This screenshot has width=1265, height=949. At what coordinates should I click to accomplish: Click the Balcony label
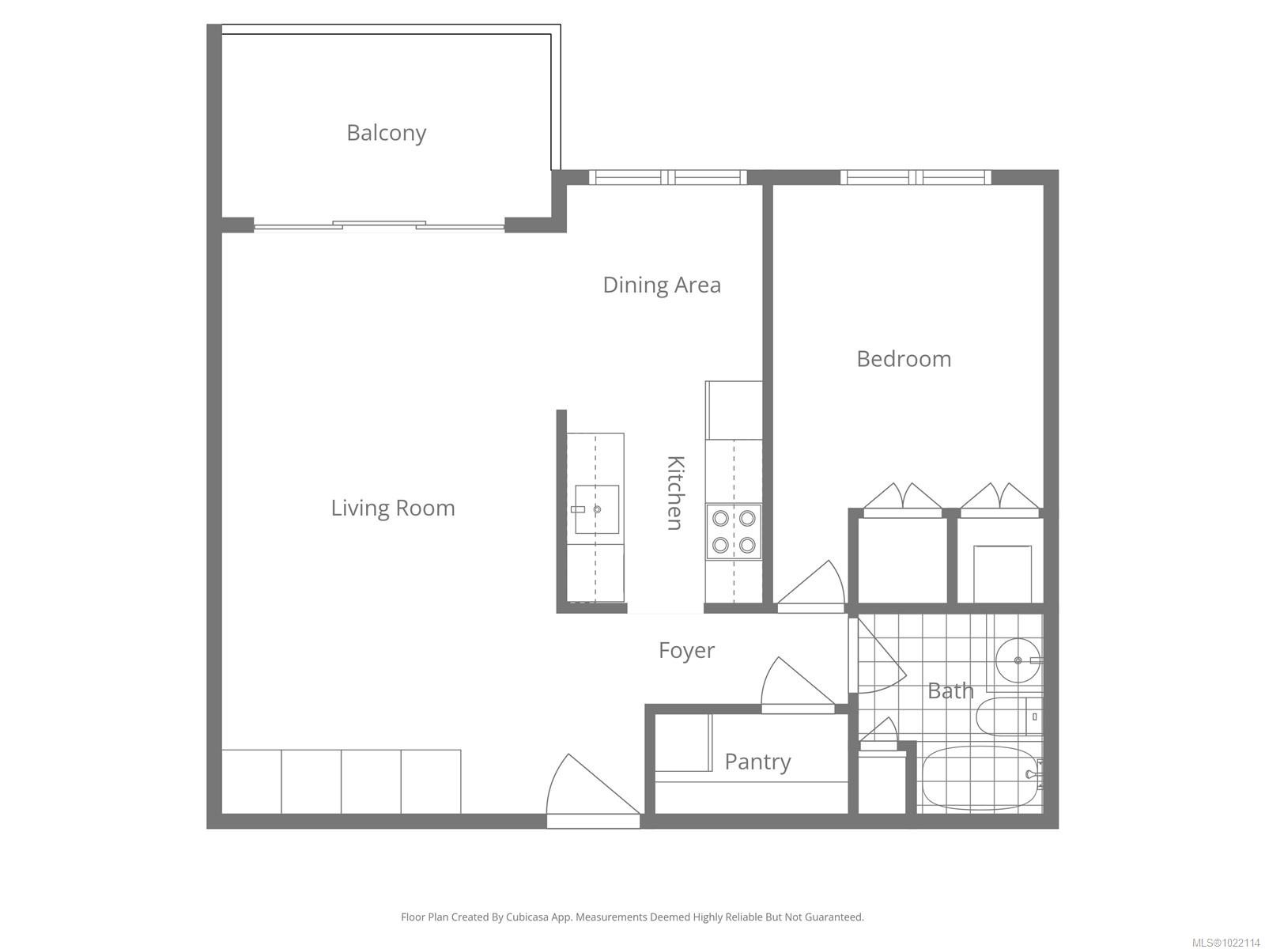pos(386,133)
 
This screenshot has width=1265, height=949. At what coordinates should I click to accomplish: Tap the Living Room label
pos(393,508)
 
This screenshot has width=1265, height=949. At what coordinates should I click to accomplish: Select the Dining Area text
pos(662,285)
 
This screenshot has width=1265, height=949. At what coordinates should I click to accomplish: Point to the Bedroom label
pos(904,359)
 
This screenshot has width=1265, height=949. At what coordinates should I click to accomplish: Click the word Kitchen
pos(675,493)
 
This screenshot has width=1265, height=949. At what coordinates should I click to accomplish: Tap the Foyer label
pos(686,651)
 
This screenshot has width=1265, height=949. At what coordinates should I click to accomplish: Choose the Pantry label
pos(757,762)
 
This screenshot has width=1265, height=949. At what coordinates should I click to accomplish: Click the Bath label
pos(950,690)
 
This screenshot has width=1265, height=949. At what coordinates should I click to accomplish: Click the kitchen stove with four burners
pos(734,531)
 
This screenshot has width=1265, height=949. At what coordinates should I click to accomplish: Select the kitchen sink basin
pos(597,509)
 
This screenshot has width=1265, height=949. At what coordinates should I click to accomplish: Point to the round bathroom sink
pos(1018,660)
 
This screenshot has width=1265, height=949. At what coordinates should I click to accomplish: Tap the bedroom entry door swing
pos(811,586)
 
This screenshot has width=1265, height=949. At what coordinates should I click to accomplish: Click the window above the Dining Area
pos(668,177)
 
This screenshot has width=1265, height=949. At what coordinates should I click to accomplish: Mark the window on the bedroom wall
pos(916,177)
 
